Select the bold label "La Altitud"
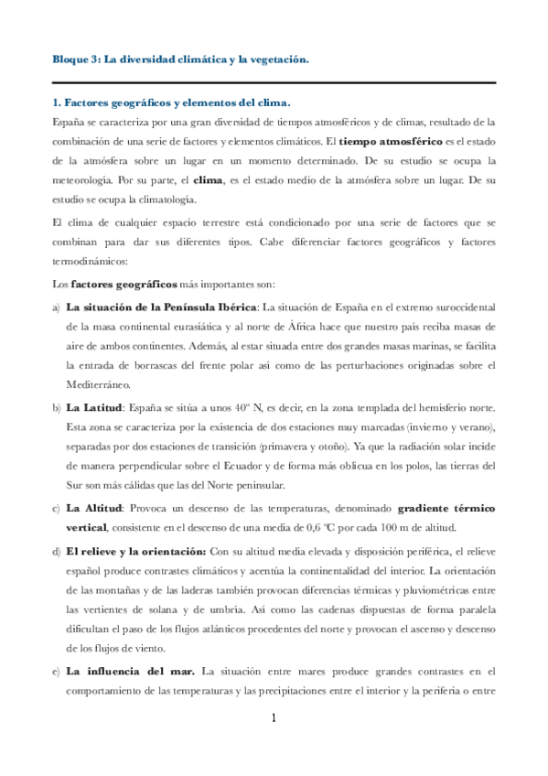[x=94, y=507]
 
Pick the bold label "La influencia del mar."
[x=131, y=673]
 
